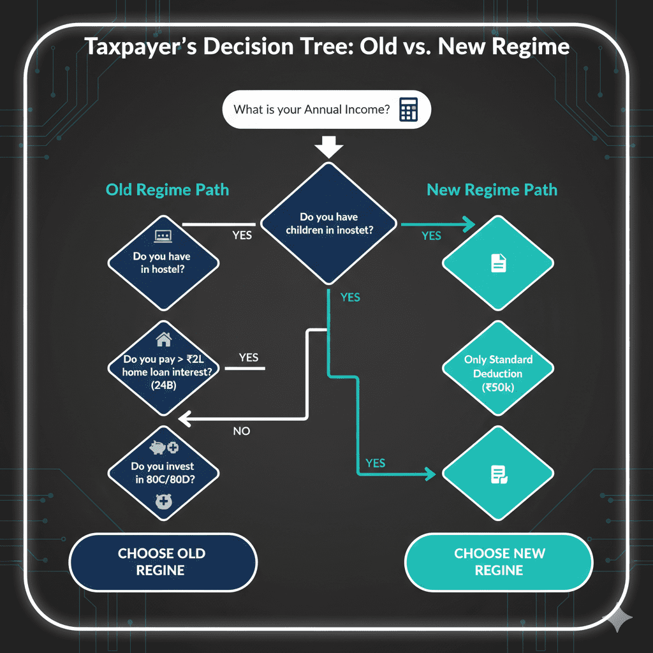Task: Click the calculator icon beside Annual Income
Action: pos(408,110)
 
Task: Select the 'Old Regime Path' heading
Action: pos(167,189)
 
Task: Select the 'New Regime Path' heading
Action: pos(492,189)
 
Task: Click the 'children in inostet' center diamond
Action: pos(329,223)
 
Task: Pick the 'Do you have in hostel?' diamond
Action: pos(163,262)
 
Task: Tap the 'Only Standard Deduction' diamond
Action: pos(498,374)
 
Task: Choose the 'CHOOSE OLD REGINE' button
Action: pos(162,562)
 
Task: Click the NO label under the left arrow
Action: pos(242,431)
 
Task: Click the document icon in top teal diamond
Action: pos(498,263)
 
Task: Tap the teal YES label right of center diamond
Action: pos(431,236)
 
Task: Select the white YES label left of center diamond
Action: pos(242,235)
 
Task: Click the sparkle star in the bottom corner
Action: pos(618,618)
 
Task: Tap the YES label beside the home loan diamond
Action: pos(249,357)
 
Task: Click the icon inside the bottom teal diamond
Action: pos(498,473)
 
